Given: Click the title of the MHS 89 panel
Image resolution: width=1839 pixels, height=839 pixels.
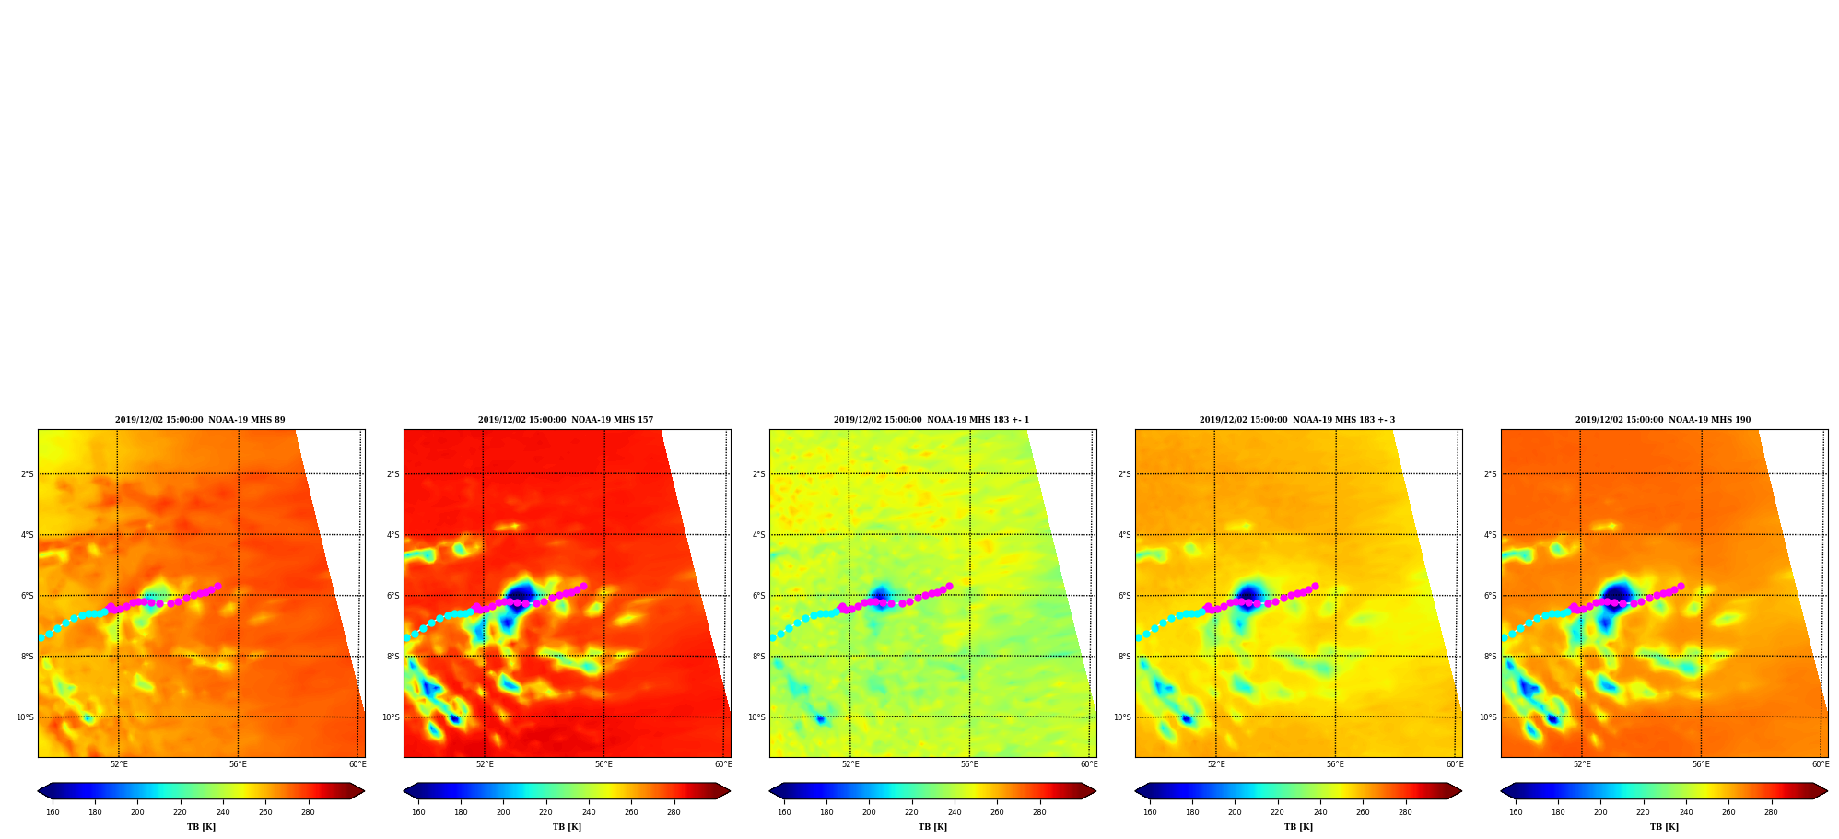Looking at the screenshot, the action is pos(200,420).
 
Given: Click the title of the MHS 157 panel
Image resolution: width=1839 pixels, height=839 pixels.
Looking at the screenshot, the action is pos(566,420).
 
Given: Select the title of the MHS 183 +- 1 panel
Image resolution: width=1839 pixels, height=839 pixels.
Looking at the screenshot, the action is pos(931,420).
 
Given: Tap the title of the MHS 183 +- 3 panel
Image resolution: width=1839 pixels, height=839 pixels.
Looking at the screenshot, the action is pos(1297,420).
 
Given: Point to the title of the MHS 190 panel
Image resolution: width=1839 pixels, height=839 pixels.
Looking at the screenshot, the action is pos(1663,420).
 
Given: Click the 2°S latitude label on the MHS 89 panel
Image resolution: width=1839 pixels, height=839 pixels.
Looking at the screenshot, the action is pos(28,474).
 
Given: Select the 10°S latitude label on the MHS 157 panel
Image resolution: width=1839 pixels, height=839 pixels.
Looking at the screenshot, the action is pos(392,717).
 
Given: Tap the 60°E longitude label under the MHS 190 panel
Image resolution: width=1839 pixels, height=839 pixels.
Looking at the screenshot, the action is pos(1821,764).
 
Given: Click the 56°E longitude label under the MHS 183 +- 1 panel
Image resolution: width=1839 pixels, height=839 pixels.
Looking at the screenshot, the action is pos(969,764).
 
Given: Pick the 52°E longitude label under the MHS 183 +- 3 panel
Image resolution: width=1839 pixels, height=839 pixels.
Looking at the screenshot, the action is pos(1216,764).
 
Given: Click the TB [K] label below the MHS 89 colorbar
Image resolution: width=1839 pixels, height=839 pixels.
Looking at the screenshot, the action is pos(201,827).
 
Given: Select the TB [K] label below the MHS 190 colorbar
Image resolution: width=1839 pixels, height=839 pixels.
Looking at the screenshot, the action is pos(1664,827).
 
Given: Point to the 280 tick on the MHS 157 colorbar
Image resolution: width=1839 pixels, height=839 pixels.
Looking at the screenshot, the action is pos(674,812).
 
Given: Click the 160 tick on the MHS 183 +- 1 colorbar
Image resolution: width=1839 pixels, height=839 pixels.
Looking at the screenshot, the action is pos(784,812).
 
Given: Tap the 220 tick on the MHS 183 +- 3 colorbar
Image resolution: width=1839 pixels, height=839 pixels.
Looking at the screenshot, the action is pos(1277,812).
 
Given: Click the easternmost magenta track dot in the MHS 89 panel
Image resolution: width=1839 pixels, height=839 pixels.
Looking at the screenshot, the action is pos(217,586).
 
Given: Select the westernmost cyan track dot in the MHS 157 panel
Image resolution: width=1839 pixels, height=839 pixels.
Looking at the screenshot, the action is pos(407,637).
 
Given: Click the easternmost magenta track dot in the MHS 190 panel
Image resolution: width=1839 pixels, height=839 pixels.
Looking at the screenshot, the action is pos(1681,586).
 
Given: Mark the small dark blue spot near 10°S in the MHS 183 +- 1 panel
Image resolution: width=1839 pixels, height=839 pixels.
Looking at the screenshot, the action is pos(820,718).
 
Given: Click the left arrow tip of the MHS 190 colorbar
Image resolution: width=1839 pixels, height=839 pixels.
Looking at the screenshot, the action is pos(1501,791).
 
